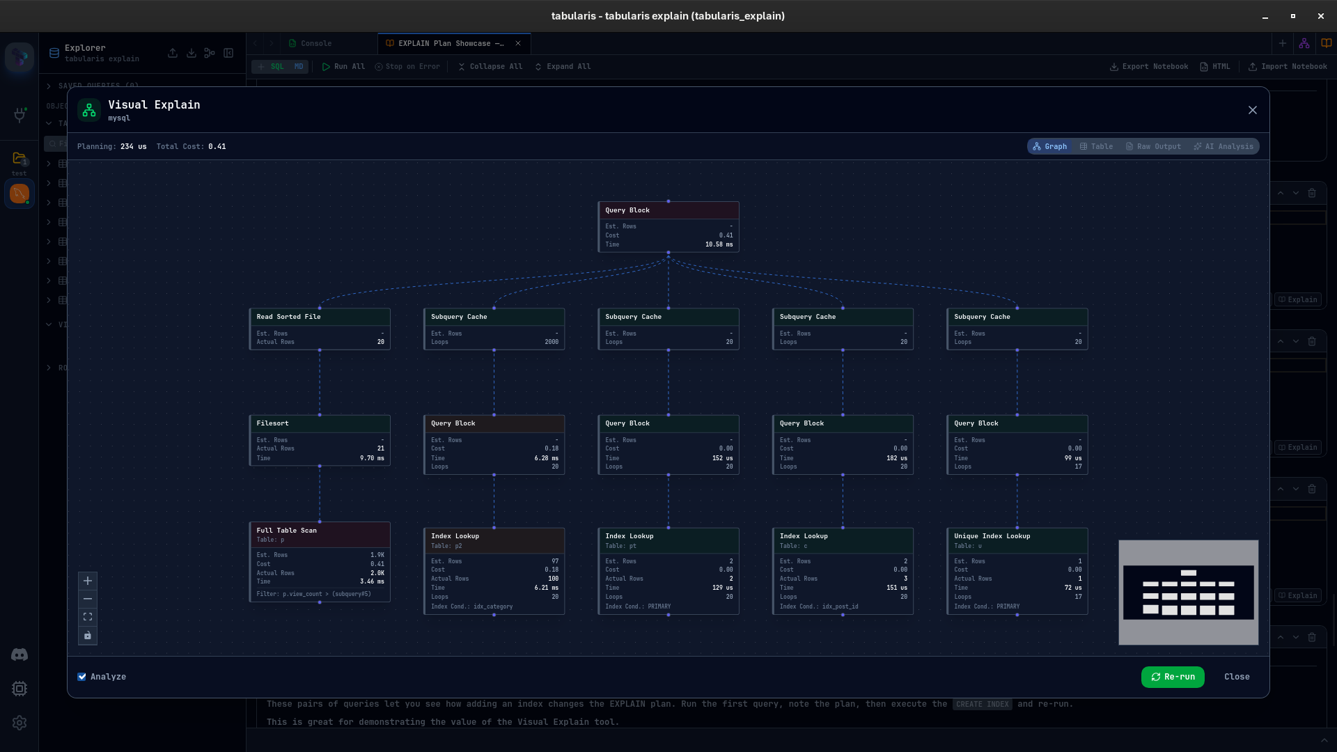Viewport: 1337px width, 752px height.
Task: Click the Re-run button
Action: [1173, 677]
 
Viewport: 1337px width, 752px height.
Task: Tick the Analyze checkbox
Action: [82, 677]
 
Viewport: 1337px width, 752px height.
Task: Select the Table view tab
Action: [1096, 147]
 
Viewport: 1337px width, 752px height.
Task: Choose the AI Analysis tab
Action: [1223, 147]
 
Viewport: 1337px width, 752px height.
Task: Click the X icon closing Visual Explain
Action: [1253, 110]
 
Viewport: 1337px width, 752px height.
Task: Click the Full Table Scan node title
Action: [286, 531]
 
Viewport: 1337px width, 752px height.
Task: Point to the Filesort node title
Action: [272, 423]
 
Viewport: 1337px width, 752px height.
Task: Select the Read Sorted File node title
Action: [288, 317]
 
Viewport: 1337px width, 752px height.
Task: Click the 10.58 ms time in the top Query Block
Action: [719, 244]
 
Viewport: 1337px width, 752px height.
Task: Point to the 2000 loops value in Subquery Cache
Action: [552, 342]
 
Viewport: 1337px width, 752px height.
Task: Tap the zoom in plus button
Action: [88, 581]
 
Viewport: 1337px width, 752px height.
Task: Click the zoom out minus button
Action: [88, 599]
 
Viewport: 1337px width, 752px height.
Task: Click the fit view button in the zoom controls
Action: [88, 617]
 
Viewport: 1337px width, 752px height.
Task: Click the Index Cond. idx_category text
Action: [471, 606]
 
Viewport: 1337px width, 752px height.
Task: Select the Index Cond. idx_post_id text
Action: [818, 606]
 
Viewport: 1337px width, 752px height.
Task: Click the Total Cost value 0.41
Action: [217, 147]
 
